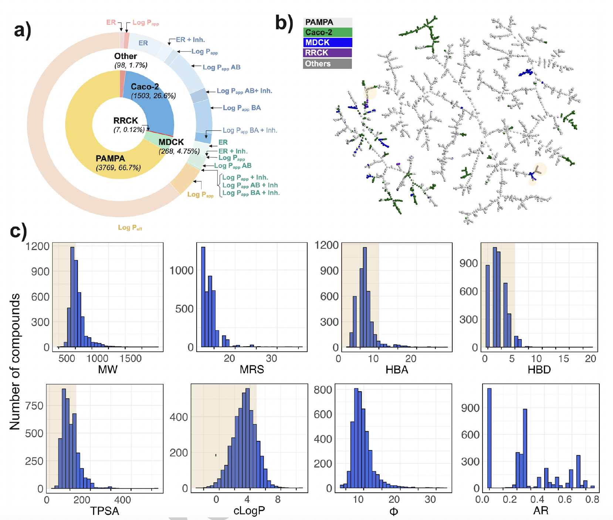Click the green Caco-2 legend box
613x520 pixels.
click(327, 33)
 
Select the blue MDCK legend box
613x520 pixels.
click(327, 43)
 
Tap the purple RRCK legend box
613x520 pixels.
click(327, 53)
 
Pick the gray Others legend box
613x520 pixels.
click(327, 64)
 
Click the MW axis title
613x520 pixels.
click(108, 369)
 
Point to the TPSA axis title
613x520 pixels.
click(105, 511)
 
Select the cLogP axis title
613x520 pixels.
click(249, 511)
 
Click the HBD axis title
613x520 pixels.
click(539, 369)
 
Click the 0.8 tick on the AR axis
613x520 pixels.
click(592, 500)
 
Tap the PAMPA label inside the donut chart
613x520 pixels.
click(110, 159)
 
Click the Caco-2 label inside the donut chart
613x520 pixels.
click(145, 87)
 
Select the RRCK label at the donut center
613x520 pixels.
click(126, 121)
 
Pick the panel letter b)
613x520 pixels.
click(284, 23)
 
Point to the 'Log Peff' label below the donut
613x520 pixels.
click(130, 227)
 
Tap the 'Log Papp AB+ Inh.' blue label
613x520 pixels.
click(244, 91)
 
